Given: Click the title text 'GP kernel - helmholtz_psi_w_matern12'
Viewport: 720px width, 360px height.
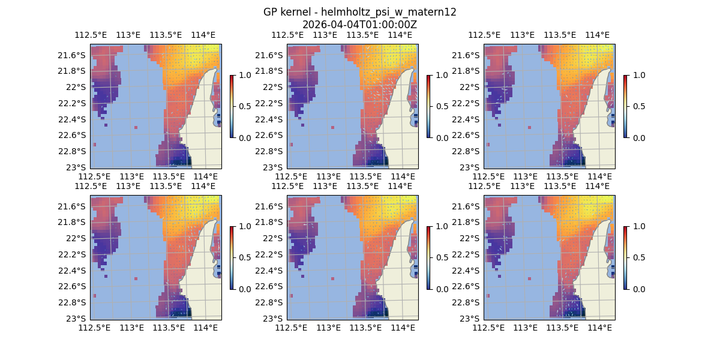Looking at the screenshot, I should click(359, 12).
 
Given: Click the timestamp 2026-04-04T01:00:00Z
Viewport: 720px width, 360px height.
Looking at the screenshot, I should click(359, 25).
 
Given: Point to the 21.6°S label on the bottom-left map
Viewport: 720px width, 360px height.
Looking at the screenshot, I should click(71, 206).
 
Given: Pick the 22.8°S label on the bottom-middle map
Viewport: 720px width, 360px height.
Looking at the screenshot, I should click(268, 302).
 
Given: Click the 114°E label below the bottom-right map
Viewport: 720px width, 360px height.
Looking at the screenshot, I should click(600, 328).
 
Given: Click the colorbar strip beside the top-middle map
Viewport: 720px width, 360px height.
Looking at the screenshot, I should click(428, 106).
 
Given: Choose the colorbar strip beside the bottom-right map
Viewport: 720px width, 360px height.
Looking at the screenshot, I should click(625, 257).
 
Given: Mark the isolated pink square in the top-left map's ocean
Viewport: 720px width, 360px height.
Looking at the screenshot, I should click(136, 127).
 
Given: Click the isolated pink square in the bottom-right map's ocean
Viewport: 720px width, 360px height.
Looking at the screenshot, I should click(530, 278).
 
